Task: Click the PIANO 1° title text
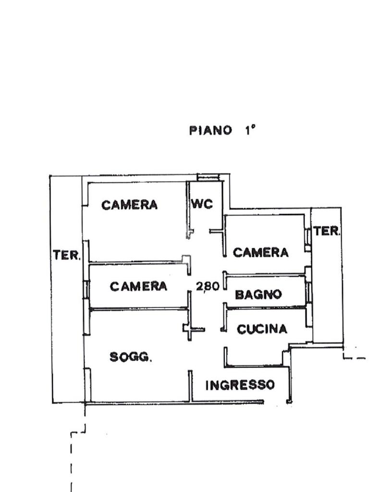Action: [x=222, y=130]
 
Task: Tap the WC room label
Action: [x=202, y=204]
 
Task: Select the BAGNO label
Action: [x=258, y=295]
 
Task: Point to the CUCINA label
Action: [x=262, y=329]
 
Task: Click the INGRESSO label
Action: [x=240, y=385]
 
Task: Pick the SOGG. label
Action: [x=131, y=357]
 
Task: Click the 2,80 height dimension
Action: [x=208, y=286]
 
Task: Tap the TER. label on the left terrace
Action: [x=67, y=255]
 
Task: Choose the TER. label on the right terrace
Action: [x=327, y=231]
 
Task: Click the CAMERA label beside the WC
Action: [x=129, y=205]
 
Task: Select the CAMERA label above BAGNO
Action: [x=260, y=252]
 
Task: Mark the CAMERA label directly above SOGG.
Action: [x=138, y=286]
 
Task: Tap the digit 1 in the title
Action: [x=248, y=130]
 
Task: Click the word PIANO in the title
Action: [x=210, y=130]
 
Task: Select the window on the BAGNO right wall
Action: [x=309, y=293]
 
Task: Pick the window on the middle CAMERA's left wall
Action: [x=86, y=288]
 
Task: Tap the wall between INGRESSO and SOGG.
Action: [x=190, y=386]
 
